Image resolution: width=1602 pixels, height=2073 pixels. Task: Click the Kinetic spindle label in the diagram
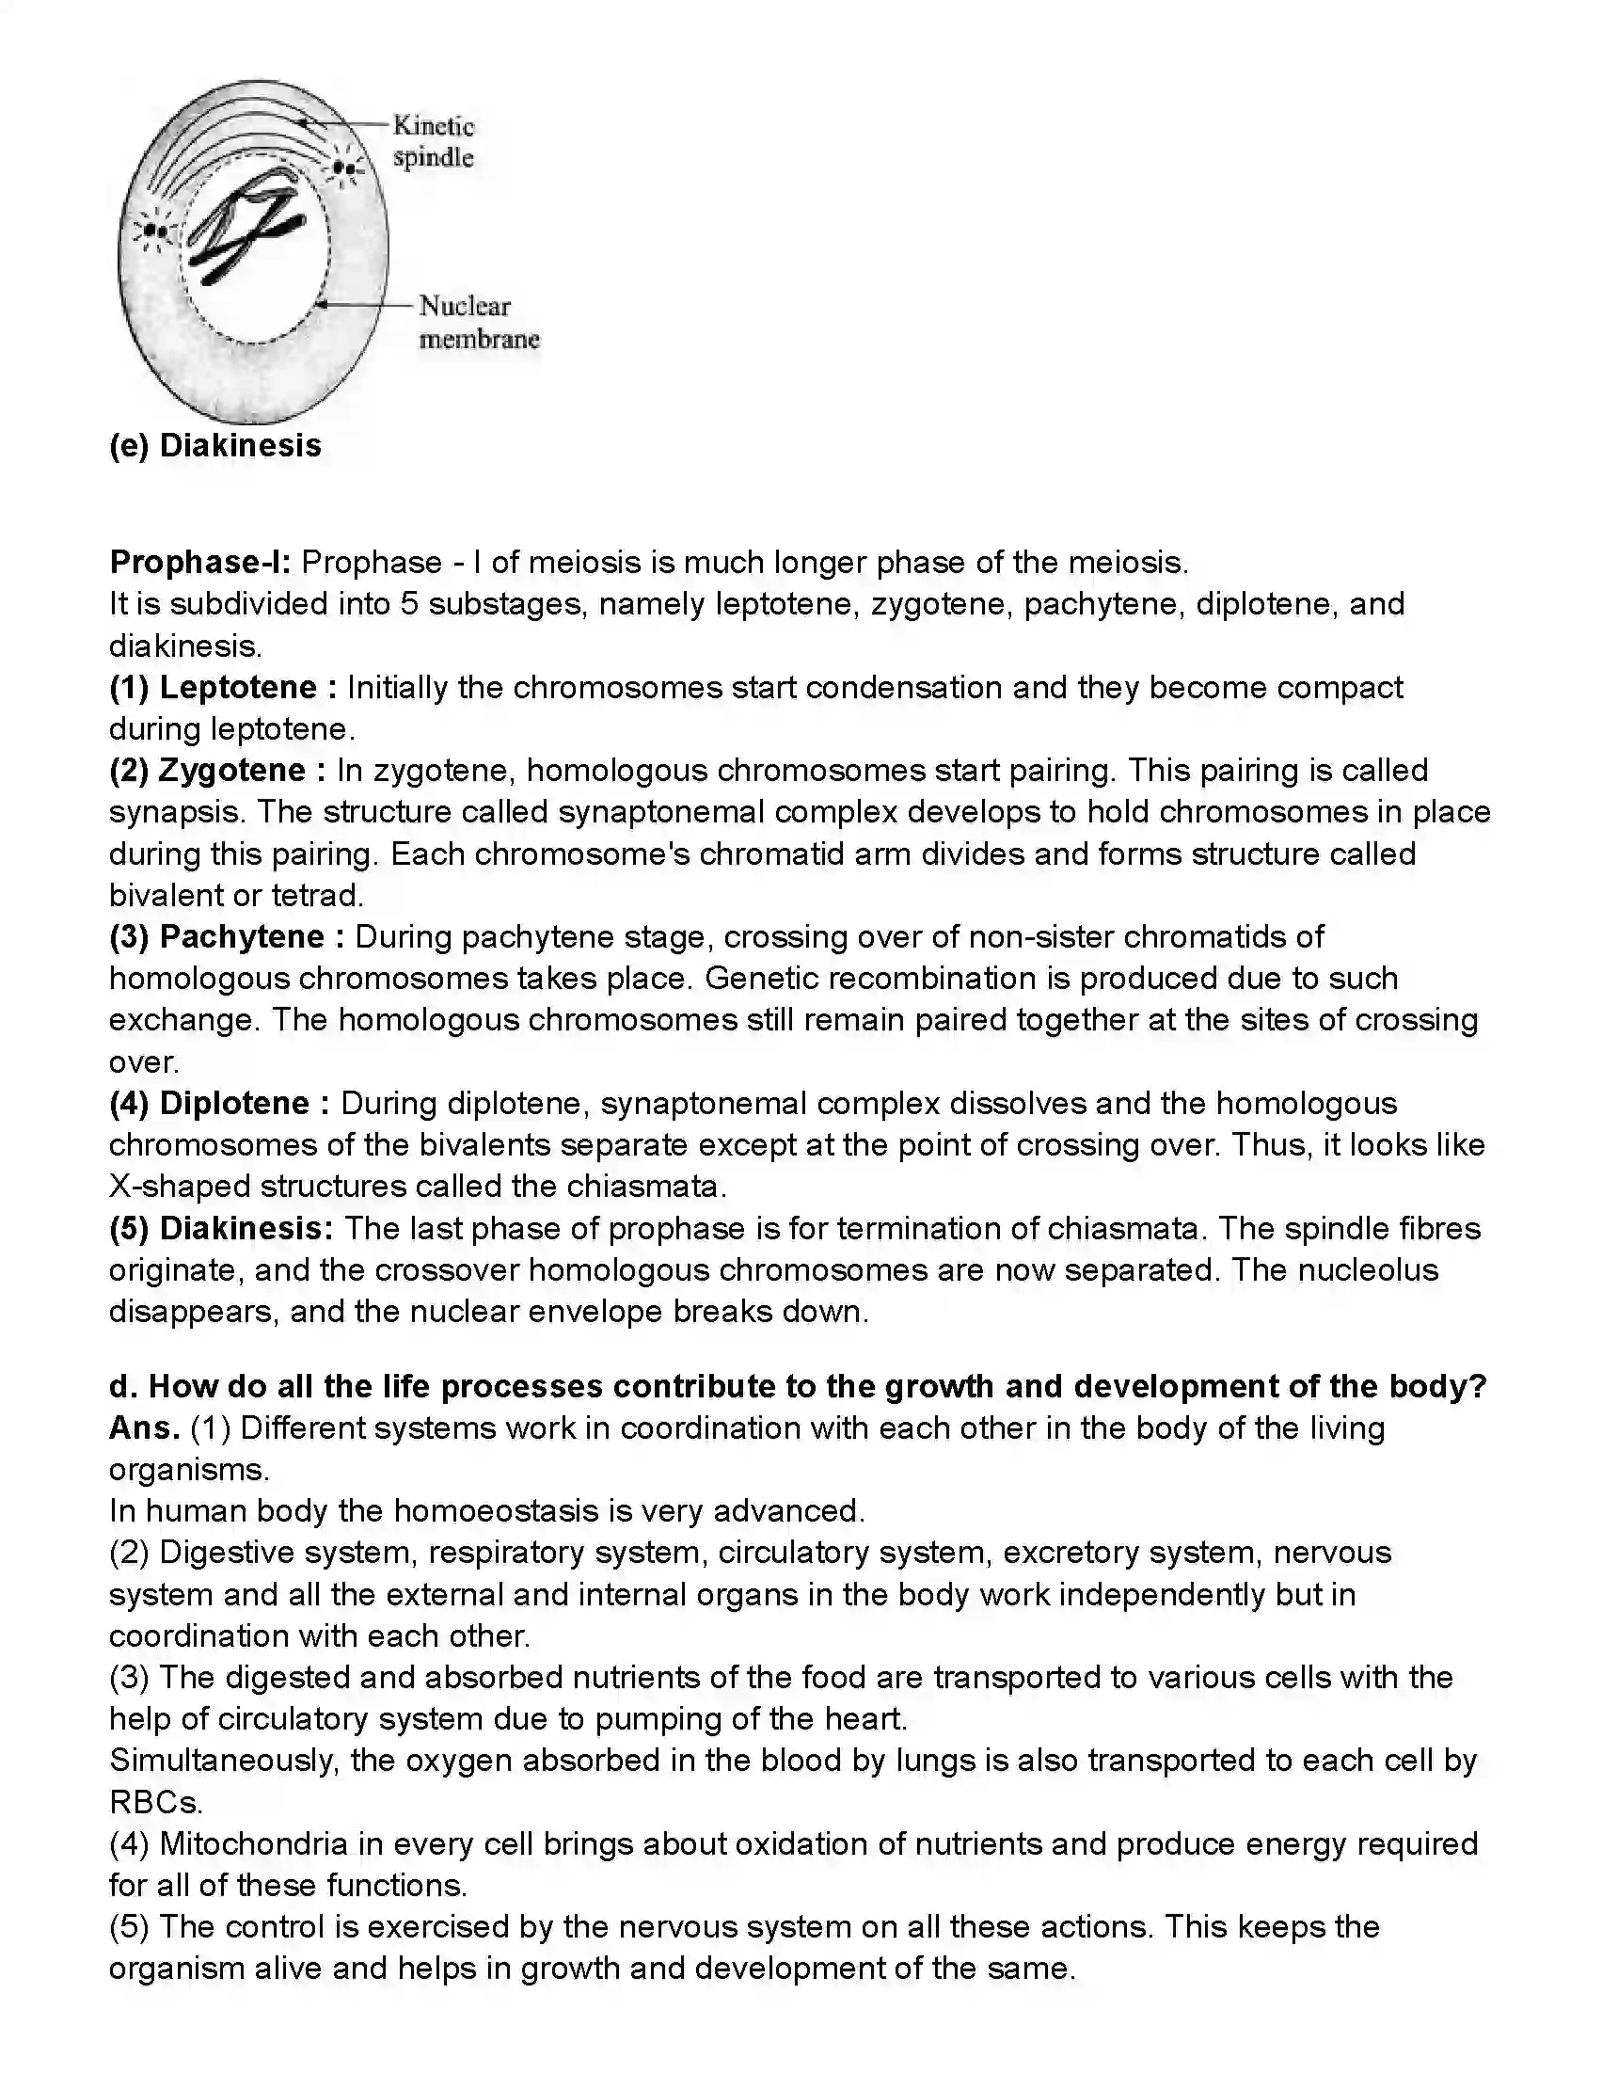point(433,141)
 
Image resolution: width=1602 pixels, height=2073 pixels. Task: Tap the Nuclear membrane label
point(478,322)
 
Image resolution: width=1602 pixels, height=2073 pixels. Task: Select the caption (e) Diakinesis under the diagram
point(215,445)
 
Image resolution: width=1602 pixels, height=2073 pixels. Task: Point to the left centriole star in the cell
point(155,231)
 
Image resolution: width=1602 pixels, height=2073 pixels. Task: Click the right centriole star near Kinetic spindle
point(348,169)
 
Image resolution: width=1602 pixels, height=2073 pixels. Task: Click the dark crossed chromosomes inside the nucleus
point(244,231)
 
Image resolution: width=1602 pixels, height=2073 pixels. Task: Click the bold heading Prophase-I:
point(200,562)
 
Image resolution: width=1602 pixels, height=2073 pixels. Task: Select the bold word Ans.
point(144,1427)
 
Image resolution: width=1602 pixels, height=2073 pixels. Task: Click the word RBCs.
point(155,1802)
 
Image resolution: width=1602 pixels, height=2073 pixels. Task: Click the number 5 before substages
point(409,604)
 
